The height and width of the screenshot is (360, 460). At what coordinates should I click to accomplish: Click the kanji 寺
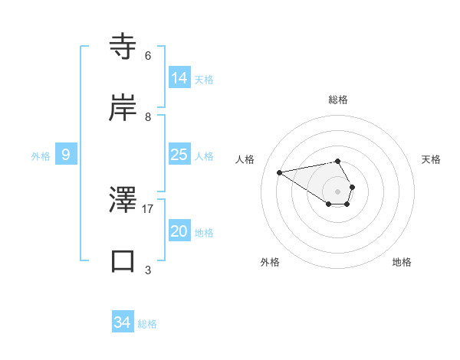coord(123,46)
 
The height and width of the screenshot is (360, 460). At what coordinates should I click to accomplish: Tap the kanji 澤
coord(123,199)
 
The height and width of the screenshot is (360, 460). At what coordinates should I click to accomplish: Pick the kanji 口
coord(123,260)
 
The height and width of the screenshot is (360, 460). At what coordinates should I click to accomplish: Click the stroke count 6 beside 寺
coord(148,56)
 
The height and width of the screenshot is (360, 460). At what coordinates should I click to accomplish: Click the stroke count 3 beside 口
coord(148,270)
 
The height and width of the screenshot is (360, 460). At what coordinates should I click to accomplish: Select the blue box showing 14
coord(179,78)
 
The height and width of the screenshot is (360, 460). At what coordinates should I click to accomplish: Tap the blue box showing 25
coord(179,155)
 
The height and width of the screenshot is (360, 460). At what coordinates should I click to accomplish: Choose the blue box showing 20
coord(179,231)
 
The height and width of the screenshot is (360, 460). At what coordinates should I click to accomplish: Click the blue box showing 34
coord(123,322)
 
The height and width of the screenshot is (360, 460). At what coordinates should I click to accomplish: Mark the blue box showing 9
coord(66,155)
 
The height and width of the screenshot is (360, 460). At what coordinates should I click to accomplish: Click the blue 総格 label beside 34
coord(147,324)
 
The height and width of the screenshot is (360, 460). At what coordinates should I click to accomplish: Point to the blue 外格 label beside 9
coord(41,156)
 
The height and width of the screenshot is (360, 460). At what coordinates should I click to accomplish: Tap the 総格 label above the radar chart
coord(338,100)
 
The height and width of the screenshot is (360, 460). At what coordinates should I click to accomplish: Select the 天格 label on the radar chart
coord(432,159)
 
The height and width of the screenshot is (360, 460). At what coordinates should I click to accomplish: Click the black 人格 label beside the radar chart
coord(245,159)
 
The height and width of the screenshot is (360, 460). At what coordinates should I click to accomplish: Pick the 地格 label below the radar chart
coord(402,262)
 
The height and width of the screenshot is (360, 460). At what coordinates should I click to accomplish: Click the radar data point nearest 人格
coord(280,172)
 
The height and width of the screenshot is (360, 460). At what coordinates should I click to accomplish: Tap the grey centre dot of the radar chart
coord(337,191)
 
